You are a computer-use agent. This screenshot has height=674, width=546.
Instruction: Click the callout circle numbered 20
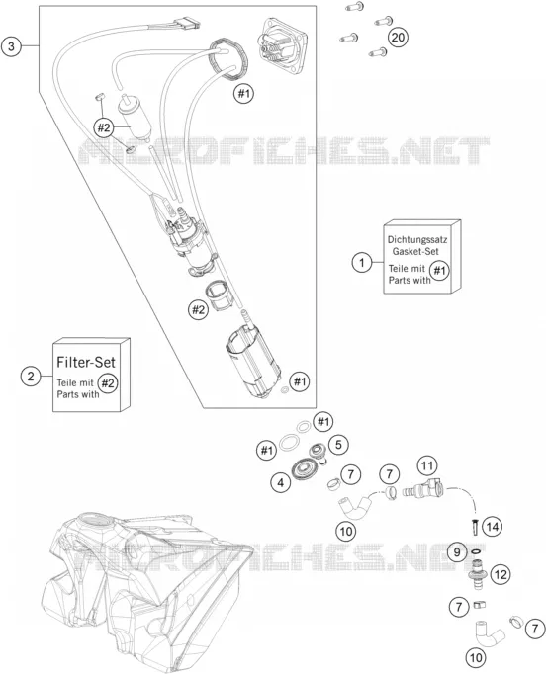[x=398, y=38]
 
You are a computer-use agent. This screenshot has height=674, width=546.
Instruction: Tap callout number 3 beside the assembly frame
[x=11, y=46]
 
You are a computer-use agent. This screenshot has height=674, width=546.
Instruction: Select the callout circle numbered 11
[x=427, y=465]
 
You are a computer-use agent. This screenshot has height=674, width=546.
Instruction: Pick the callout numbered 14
[x=493, y=526]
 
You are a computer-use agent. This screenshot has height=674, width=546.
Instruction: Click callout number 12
[x=500, y=574]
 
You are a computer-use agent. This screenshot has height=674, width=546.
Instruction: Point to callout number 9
[x=457, y=551]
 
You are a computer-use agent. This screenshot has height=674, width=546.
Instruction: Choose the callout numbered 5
[x=338, y=444]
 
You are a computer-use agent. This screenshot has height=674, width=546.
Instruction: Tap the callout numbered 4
[x=281, y=482]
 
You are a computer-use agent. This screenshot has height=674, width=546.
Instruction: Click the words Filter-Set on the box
[x=86, y=362]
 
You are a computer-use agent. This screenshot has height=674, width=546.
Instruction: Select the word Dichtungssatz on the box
[x=417, y=239]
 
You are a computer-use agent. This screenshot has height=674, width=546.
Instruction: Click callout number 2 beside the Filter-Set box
[x=31, y=377]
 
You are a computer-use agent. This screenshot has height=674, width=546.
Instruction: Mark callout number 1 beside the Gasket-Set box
[x=362, y=262]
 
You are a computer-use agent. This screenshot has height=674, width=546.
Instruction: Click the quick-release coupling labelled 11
[x=423, y=490]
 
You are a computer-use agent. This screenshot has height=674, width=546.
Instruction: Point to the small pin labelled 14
[x=475, y=527]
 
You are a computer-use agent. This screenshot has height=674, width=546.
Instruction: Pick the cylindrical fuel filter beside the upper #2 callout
[x=134, y=118]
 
